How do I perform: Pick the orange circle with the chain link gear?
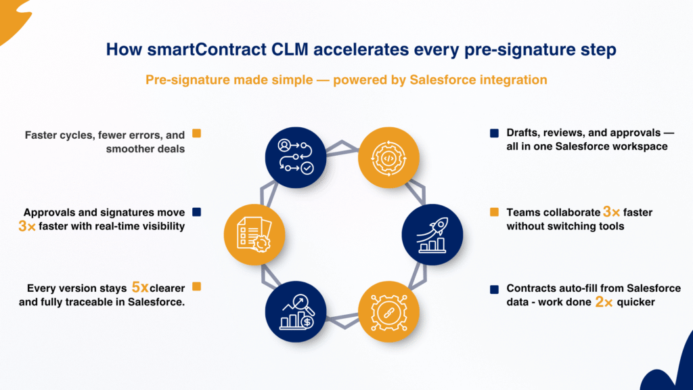coord(388,311)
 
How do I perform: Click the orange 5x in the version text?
coord(141,288)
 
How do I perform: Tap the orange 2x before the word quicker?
coord(604,302)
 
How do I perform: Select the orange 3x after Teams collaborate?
coord(612,213)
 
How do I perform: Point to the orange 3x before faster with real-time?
coord(27,226)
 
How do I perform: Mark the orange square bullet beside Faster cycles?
coord(198,134)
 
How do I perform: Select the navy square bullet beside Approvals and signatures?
coord(198,211)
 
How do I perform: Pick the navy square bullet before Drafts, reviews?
coord(494,133)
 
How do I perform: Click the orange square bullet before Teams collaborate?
coord(494,213)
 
